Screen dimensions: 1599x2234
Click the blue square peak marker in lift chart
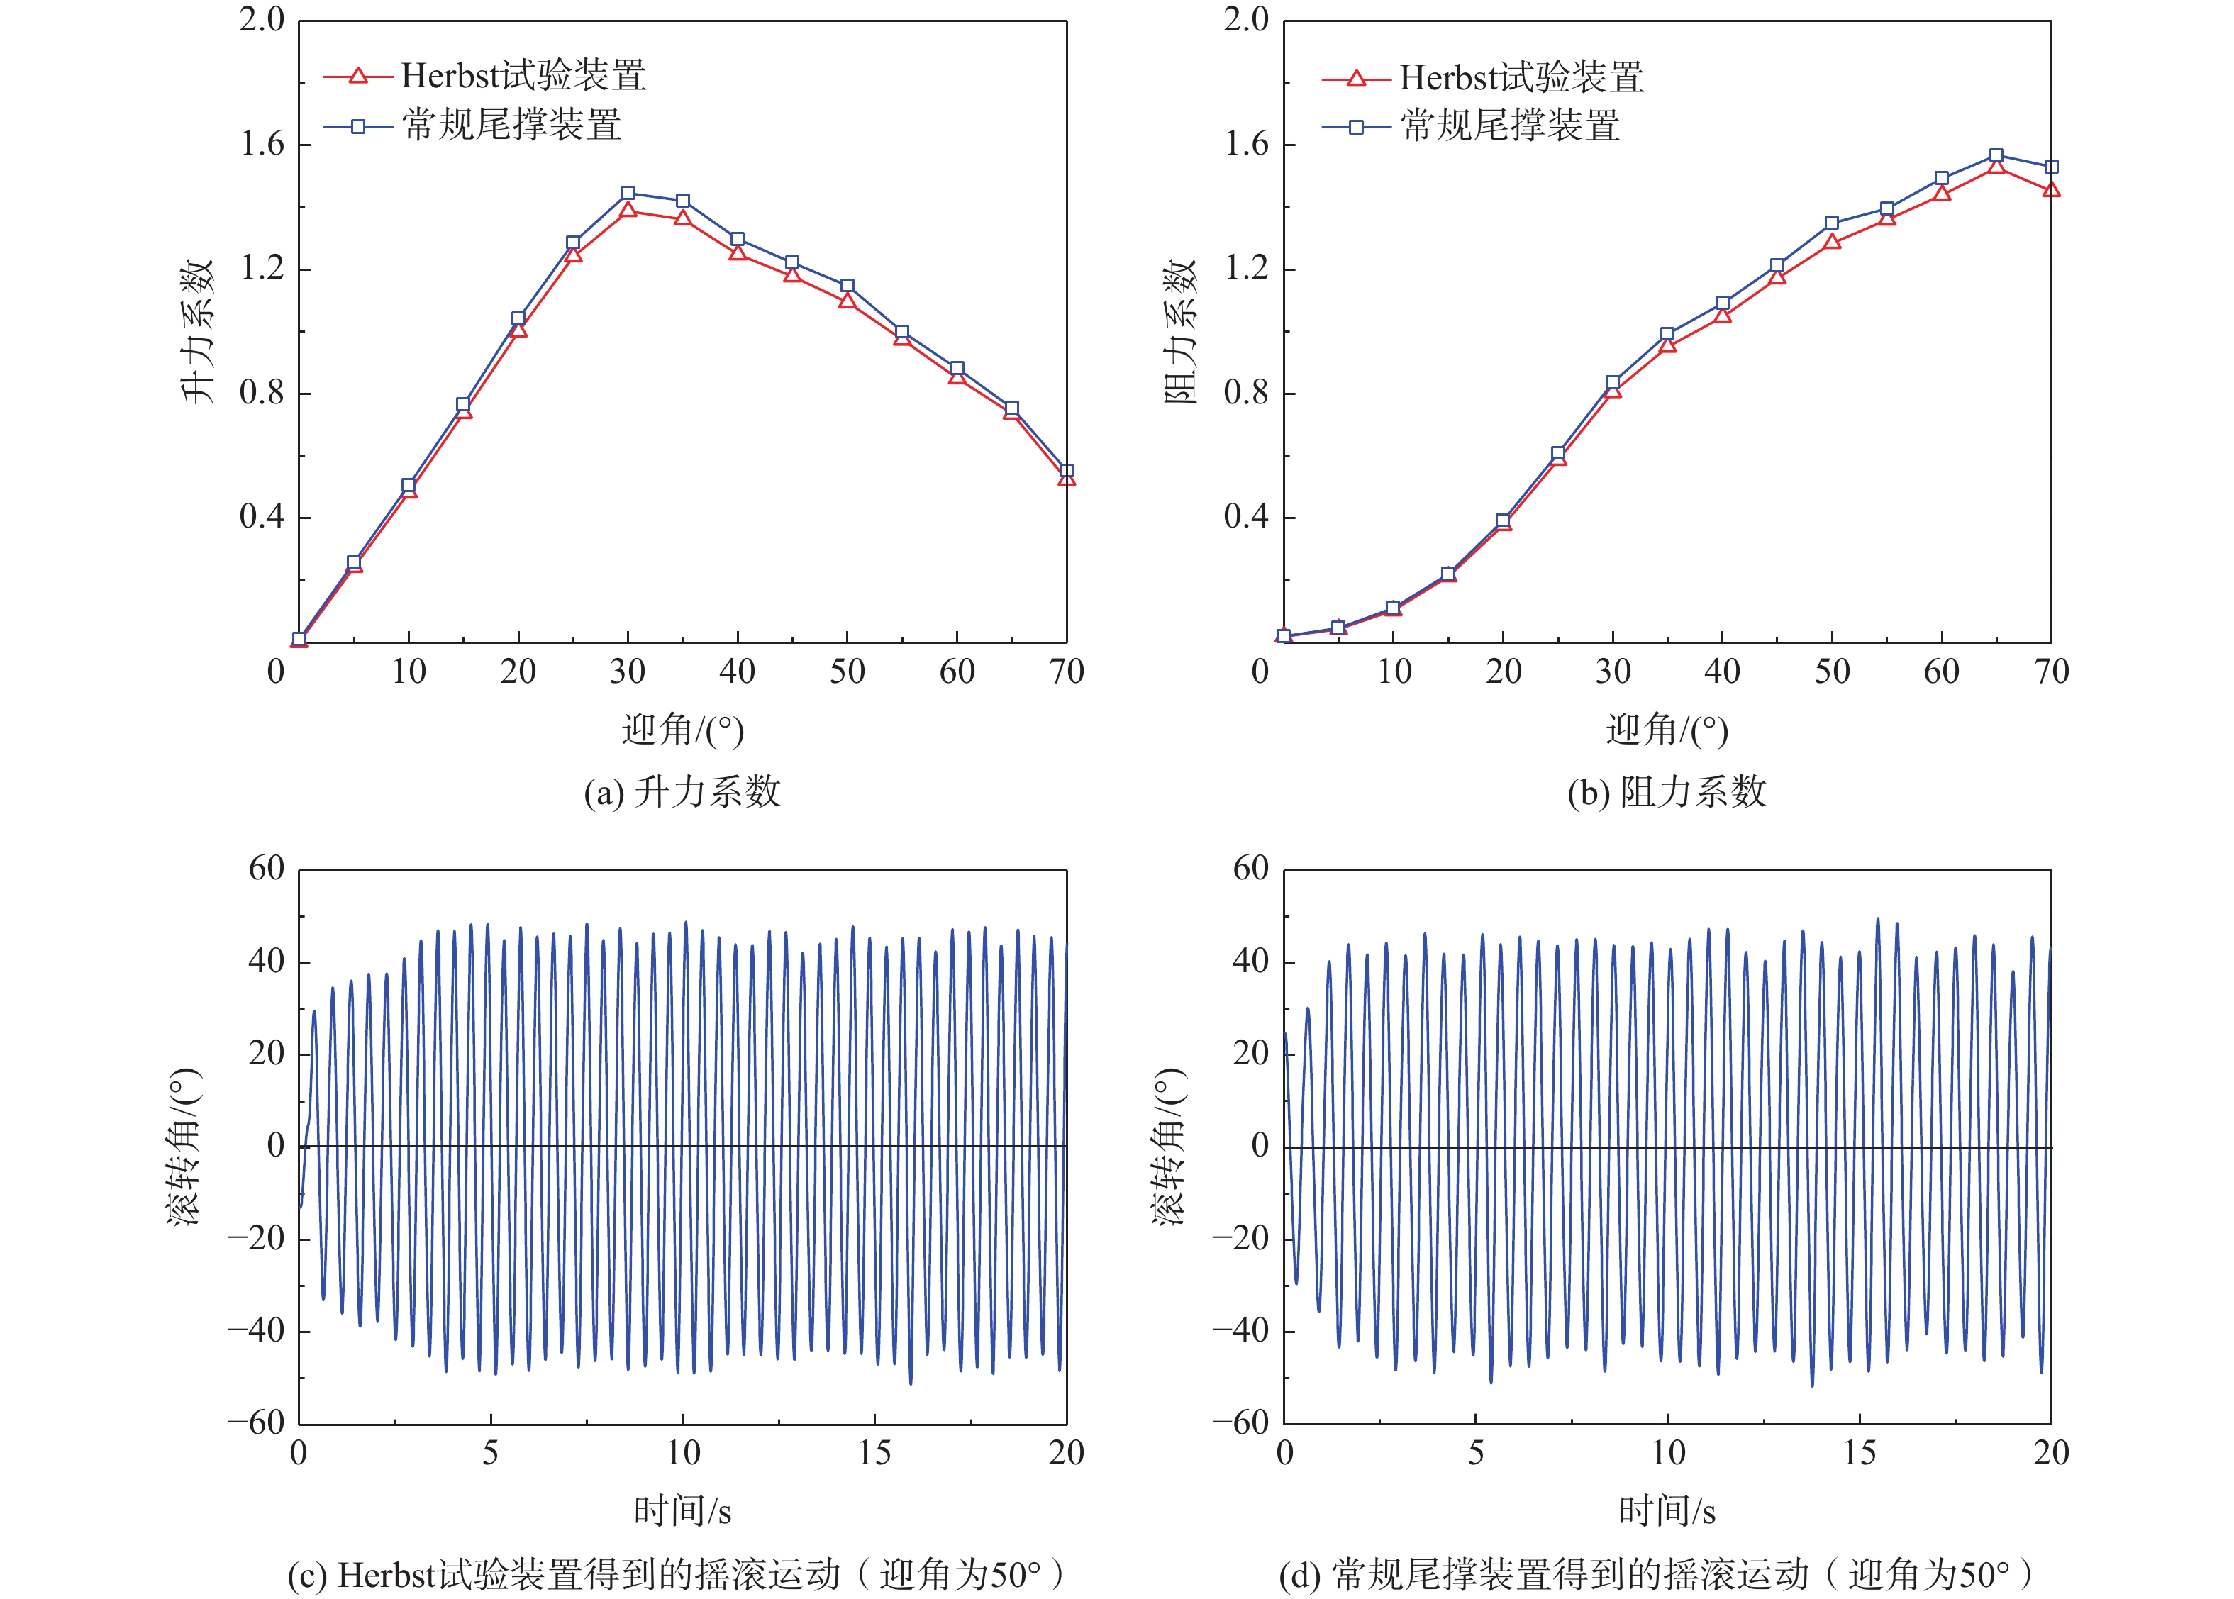tap(627, 193)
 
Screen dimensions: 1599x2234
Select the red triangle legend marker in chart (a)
tap(357, 76)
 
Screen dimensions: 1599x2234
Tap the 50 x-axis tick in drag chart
tap(1831, 672)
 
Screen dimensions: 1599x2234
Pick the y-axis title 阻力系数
tap(1181, 331)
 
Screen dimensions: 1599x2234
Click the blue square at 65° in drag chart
tap(1996, 155)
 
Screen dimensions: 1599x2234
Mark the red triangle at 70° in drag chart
tap(2051, 189)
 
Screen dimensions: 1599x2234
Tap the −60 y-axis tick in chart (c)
tap(256, 1422)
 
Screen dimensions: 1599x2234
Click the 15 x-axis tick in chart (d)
tap(1859, 1453)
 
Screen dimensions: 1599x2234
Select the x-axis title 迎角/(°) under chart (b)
tap(1666, 730)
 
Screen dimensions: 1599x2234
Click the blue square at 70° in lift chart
tap(1065, 472)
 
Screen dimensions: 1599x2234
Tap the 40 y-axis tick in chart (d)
tap(1250, 961)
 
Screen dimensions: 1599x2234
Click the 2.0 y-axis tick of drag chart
tap(1247, 20)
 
